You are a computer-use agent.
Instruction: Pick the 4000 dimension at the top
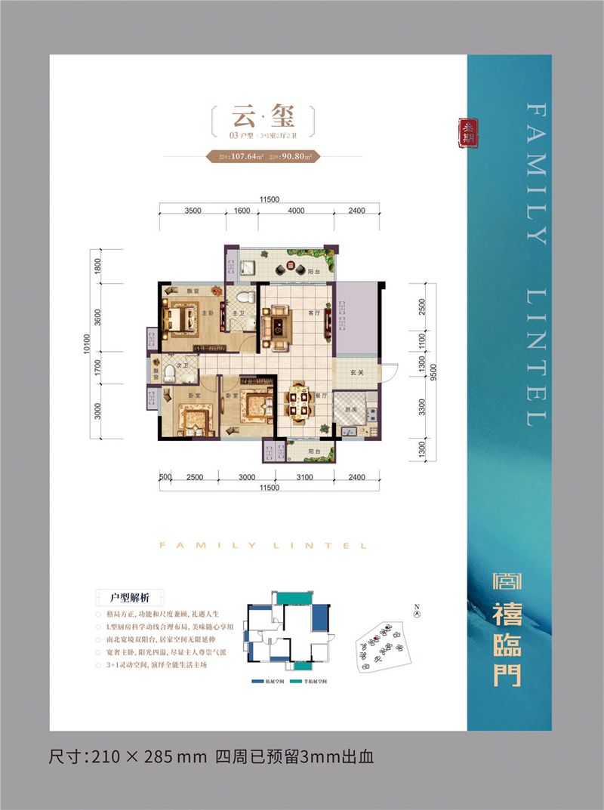pos(295,211)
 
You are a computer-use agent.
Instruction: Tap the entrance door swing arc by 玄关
pos(390,373)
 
